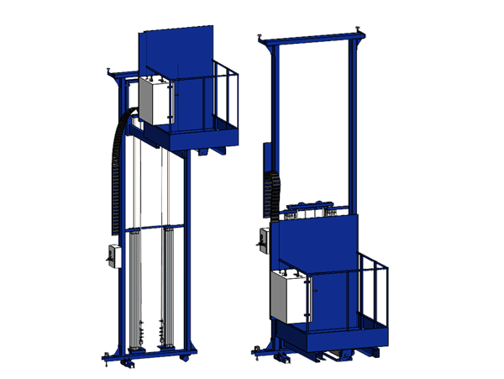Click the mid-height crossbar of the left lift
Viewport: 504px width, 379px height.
[151, 228]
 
